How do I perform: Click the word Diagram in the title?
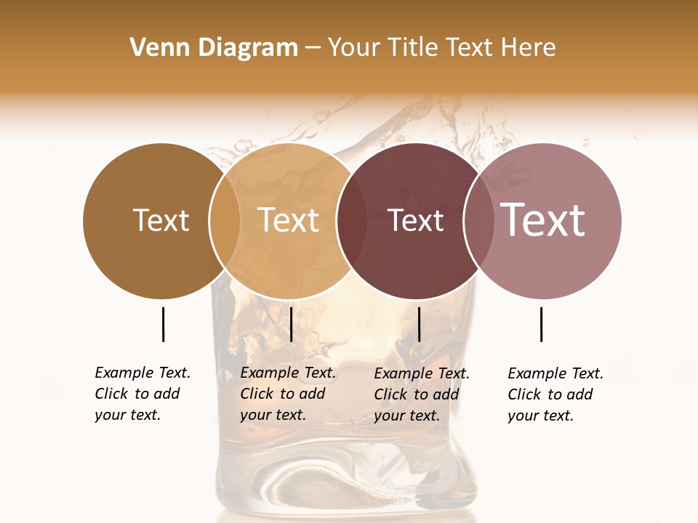[247, 48]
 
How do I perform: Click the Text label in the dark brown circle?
[161, 220]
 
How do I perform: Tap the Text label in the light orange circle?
[289, 220]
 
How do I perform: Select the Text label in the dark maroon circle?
[415, 220]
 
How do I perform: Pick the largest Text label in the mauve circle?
[543, 220]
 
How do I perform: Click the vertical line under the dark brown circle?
[163, 324]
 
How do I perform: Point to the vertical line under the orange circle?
[291, 324]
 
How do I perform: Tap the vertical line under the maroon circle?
[420, 324]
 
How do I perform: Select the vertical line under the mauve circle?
[542, 324]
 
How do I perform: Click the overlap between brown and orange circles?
[225, 221]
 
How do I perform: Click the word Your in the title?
[353, 48]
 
